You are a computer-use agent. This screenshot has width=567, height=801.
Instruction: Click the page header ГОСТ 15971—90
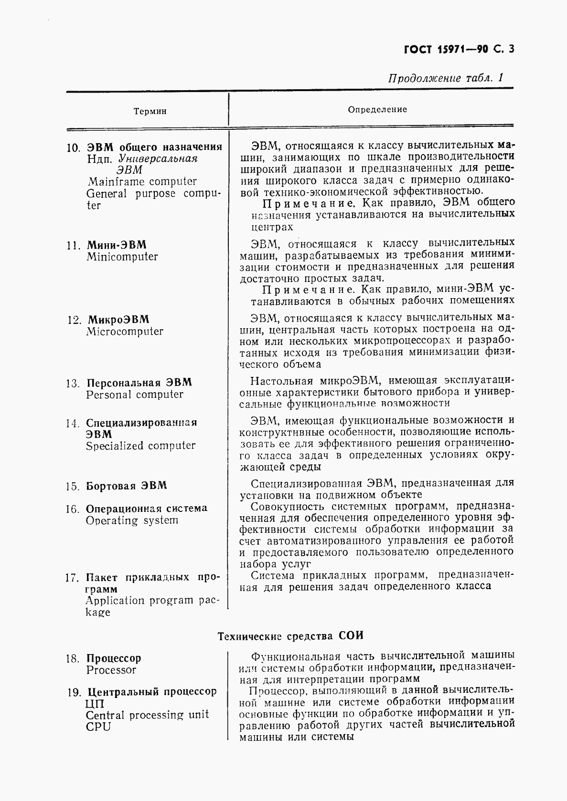(x=441, y=50)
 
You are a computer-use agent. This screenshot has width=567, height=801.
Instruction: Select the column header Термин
(x=150, y=111)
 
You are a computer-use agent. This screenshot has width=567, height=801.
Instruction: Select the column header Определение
(x=377, y=109)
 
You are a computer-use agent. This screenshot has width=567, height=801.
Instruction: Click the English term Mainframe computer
(x=142, y=182)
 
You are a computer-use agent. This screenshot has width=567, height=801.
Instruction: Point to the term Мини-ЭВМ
(x=116, y=245)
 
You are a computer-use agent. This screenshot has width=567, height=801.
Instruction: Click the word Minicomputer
(x=122, y=257)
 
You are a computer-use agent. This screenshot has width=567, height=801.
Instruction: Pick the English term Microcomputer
(x=125, y=332)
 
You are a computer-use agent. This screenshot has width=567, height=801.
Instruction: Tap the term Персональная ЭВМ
(x=139, y=383)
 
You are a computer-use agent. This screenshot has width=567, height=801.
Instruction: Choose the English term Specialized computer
(x=140, y=446)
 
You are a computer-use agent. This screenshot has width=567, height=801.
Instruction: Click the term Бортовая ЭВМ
(x=126, y=486)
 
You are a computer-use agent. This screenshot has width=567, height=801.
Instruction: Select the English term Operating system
(x=132, y=520)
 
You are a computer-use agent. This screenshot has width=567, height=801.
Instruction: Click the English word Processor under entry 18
(x=111, y=670)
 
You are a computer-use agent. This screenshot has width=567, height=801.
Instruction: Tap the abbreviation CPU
(x=98, y=727)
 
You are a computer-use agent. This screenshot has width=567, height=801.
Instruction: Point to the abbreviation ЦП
(x=95, y=704)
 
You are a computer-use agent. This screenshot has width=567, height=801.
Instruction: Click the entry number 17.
(x=72, y=578)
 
